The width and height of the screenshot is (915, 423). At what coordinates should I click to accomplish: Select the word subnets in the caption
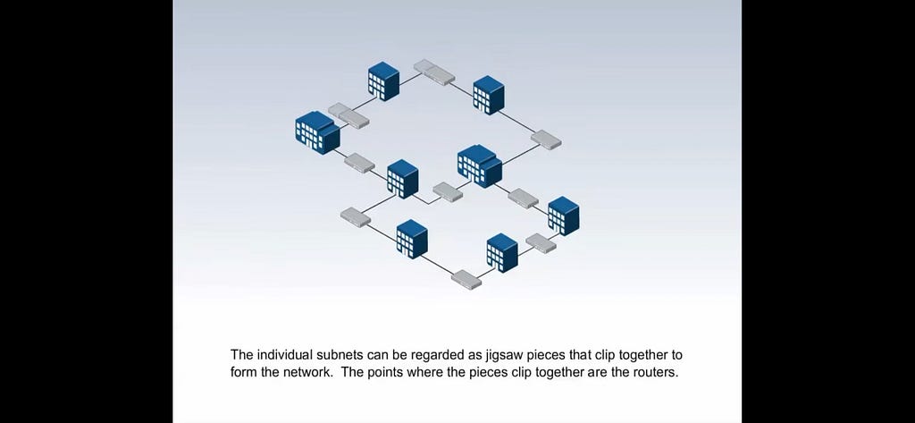339,355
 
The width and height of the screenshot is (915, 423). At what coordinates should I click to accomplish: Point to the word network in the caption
308,372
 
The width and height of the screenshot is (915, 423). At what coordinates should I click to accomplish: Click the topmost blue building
383,81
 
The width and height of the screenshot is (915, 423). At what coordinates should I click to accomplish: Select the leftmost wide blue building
317,132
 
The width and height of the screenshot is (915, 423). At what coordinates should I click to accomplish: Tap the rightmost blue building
564,216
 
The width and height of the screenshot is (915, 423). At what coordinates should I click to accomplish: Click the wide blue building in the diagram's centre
480,166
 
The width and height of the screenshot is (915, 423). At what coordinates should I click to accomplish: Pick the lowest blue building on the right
502,253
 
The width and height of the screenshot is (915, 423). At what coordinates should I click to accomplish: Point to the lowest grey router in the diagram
466,279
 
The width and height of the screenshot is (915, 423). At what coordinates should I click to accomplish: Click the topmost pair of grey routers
434,72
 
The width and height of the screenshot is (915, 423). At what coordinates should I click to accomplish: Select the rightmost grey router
547,140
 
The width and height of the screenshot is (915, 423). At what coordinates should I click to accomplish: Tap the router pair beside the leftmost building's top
348,115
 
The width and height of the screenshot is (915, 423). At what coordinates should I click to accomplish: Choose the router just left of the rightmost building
523,199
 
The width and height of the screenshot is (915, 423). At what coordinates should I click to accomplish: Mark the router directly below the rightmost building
541,243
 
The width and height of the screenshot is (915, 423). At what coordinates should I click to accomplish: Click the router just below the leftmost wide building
359,163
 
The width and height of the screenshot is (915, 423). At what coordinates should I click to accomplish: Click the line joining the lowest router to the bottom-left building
438,265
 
